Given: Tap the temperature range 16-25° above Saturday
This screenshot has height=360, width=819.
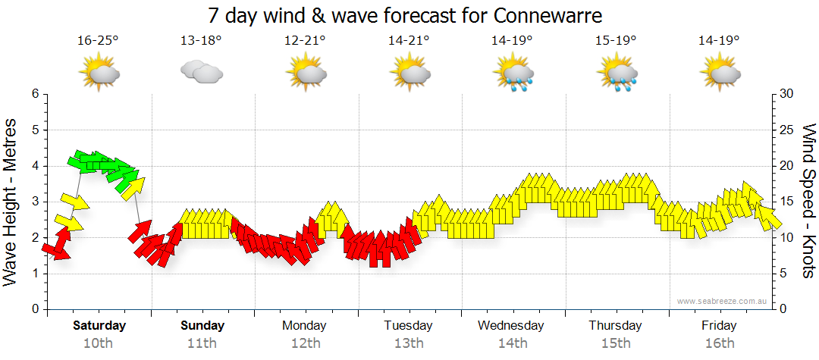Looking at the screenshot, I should [98, 40].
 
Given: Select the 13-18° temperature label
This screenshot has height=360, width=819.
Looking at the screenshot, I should [201, 40].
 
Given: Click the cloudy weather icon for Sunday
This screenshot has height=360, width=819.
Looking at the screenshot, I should [201, 72].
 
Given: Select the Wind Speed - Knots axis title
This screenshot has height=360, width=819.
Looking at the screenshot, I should [808, 201].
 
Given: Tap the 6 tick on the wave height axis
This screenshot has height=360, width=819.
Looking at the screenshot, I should [35, 94].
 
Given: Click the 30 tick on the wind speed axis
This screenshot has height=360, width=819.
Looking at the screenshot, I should [786, 94].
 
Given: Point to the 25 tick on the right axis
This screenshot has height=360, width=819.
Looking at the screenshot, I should [786, 130].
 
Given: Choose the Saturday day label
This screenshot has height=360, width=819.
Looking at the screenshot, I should [99, 326].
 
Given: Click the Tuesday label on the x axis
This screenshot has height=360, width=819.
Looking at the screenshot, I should [408, 326].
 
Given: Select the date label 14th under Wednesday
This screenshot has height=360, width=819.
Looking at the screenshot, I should [513, 343].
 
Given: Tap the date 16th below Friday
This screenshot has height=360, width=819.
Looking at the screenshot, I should [719, 343].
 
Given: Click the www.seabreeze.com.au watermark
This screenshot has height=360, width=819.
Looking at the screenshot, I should [723, 302].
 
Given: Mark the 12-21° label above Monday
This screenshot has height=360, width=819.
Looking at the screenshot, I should [305, 40].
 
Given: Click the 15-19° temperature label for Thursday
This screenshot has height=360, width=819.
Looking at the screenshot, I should [615, 40].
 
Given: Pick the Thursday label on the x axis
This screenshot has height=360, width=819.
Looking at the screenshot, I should [615, 326].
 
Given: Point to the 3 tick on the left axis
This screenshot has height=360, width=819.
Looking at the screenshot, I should [35, 202].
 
